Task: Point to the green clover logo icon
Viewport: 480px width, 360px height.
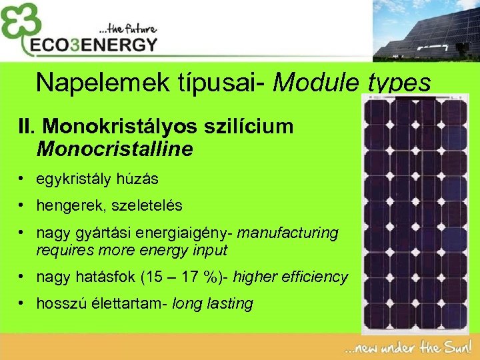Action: pos(19,26)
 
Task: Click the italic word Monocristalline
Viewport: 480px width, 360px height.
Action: pos(115,148)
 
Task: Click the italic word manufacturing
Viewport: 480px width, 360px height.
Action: pos(287,233)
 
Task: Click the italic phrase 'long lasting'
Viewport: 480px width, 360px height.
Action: pos(213,304)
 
